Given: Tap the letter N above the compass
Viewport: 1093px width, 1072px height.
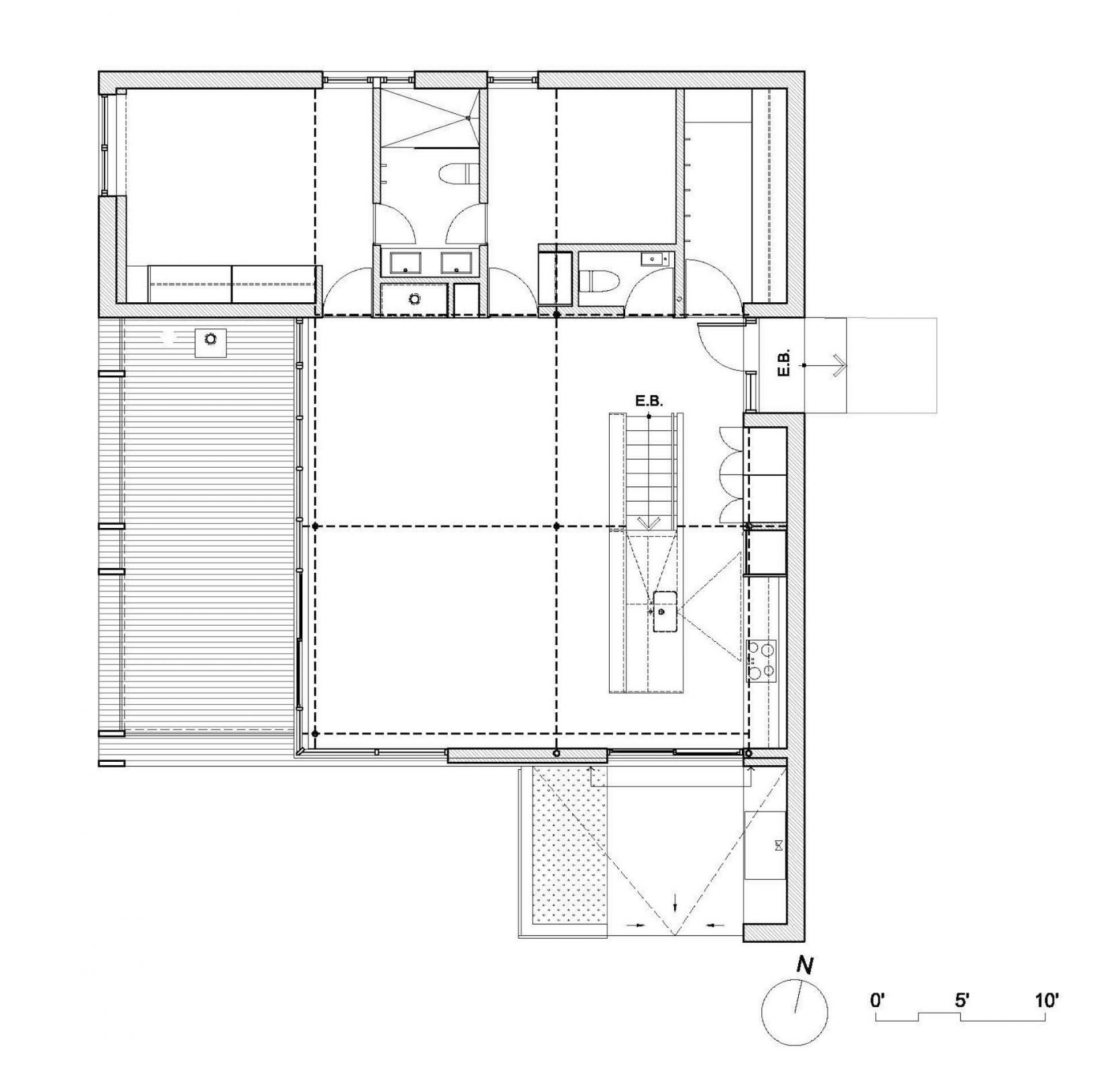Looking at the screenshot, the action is (x=805, y=965).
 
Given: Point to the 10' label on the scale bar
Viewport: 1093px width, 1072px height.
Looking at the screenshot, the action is (x=1047, y=1002).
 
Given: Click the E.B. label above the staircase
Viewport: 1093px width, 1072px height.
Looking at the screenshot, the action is (x=648, y=401).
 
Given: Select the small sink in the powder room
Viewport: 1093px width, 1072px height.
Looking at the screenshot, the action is (x=654, y=258).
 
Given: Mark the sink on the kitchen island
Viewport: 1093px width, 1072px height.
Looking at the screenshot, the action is (x=665, y=612).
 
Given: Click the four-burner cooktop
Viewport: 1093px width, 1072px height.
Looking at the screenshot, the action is (x=763, y=659).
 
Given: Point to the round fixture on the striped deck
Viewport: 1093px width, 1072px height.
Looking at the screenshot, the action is (x=211, y=339).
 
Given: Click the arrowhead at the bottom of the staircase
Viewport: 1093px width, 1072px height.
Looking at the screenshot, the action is (x=649, y=523).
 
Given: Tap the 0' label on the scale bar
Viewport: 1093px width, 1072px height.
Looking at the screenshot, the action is (x=877, y=1002).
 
